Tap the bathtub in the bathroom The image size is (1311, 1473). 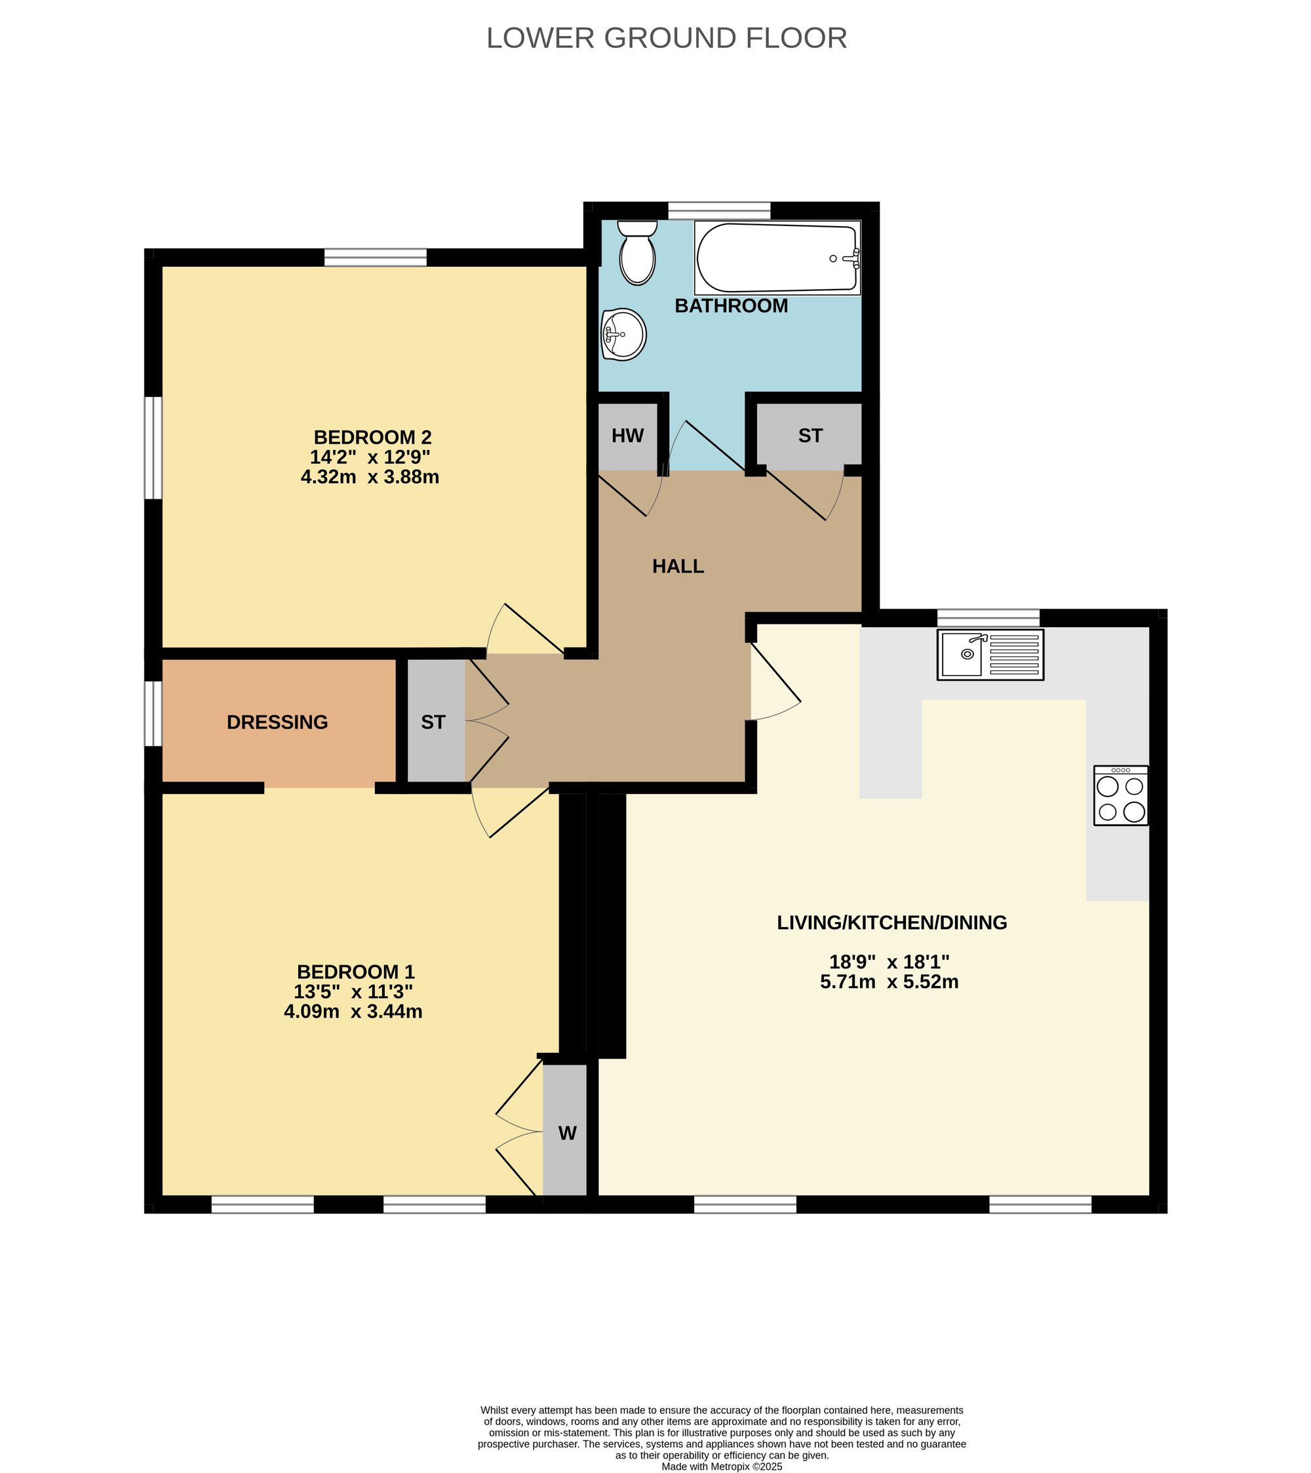[777, 258]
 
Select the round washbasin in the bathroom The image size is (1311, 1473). [623, 334]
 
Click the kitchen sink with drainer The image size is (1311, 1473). [990, 655]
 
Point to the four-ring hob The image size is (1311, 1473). [1121, 795]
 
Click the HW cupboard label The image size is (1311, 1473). [628, 436]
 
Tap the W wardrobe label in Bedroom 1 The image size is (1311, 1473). [567, 1134]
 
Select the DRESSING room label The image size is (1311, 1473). [277, 722]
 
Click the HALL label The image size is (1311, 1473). [678, 566]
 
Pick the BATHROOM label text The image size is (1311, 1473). [731, 305]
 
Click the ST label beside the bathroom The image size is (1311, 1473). [810, 436]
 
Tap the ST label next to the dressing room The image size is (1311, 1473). [433, 722]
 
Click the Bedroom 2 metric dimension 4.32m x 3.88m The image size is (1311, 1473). [370, 477]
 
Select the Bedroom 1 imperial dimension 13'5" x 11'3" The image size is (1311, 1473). [353, 991]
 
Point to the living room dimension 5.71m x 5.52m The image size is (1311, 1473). [890, 982]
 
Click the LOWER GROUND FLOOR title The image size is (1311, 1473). [667, 38]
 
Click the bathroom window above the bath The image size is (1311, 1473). [719, 210]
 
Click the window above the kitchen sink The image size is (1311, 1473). [988, 618]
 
